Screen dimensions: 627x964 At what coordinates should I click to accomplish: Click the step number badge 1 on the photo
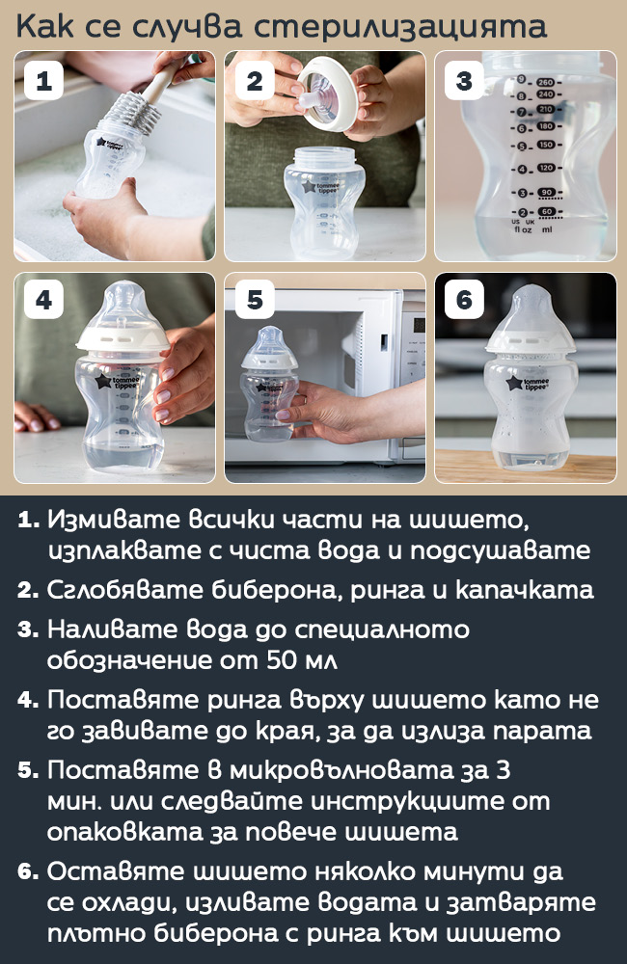[x=43, y=80]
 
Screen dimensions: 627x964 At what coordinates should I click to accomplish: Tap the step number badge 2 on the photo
[x=254, y=80]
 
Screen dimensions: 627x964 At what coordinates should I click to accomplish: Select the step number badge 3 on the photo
[x=465, y=80]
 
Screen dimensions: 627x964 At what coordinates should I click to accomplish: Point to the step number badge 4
[x=43, y=300]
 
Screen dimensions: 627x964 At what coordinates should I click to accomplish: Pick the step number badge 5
[x=254, y=300]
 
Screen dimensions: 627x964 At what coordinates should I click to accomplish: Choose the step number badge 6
[x=465, y=300]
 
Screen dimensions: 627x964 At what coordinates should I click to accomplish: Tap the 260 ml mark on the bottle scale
[x=546, y=82]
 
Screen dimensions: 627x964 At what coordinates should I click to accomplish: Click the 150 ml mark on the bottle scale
[x=546, y=146]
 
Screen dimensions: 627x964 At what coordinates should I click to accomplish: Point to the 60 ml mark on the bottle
[x=546, y=211]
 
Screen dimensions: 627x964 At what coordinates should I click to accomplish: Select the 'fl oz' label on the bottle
[x=523, y=230]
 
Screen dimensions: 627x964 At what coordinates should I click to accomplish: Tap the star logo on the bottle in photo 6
[x=514, y=385]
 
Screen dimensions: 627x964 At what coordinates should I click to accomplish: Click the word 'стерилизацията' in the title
[x=400, y=26]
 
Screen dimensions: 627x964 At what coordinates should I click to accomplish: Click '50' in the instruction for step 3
[x=283, y=659]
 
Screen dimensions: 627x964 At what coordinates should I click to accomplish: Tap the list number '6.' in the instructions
[x=28, y=871]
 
